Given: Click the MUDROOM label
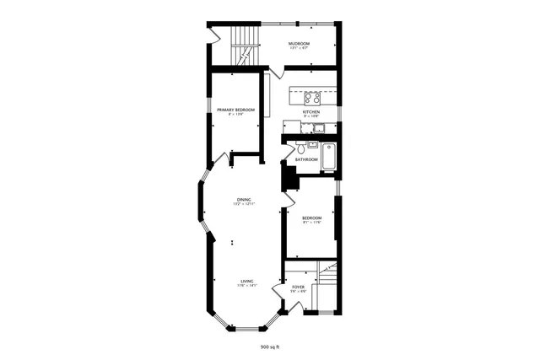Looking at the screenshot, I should pyautogui.click(x=299, y=43).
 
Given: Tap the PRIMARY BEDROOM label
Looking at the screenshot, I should pyautogui.click(x=235, y=110).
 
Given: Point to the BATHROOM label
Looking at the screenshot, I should pyautogui.click(x=306, y=159).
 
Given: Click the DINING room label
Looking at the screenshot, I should pyautogui.click(x=243, y=200).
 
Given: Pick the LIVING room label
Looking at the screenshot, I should pyautogui.click(x=247, y=281).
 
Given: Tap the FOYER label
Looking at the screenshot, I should pyautogui.click(x=299, y=287).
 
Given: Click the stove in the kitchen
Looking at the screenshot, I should pyautogui.click(x=311, y=97).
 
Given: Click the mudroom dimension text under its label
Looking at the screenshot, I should pyautogui.click(x=299, y=48).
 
